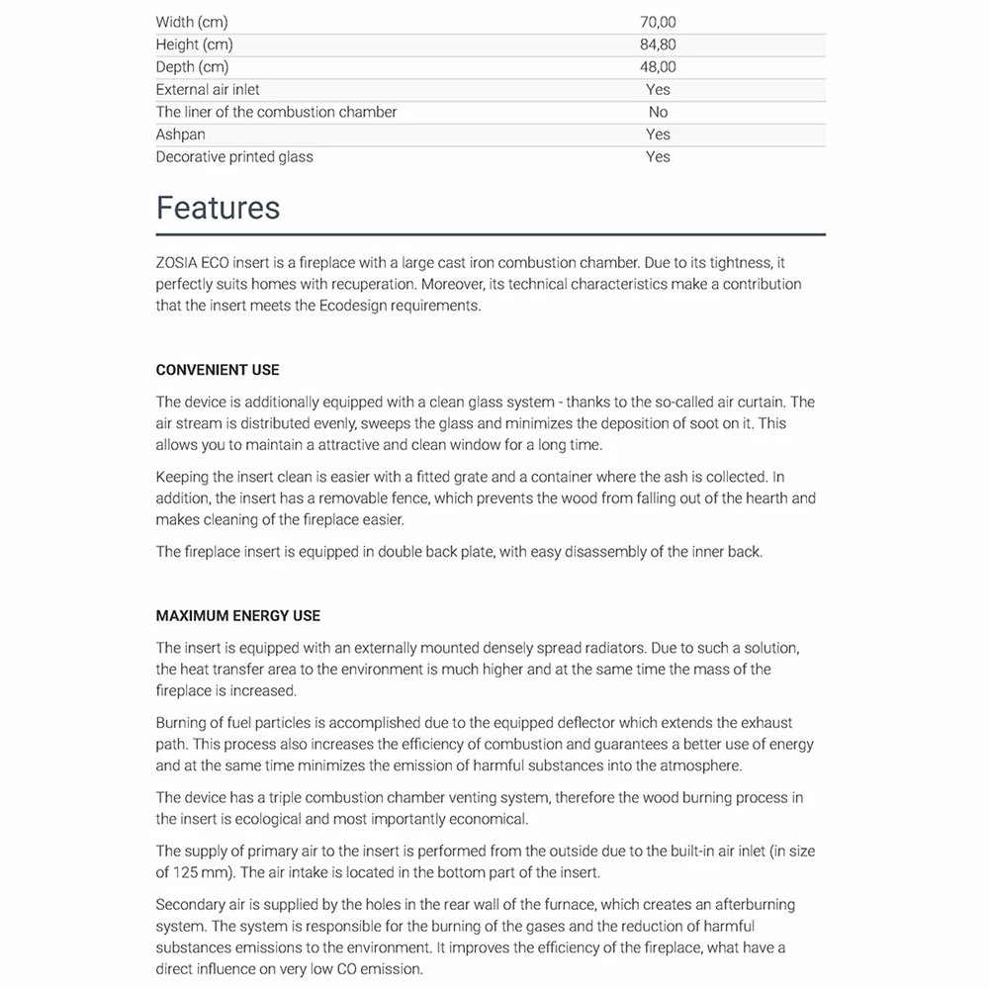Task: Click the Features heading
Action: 218,208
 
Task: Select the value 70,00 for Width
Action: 658,22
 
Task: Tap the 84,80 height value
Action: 658,45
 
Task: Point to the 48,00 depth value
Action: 658,67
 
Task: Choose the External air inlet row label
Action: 208,89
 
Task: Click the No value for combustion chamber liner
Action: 658,112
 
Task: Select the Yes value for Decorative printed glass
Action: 658,156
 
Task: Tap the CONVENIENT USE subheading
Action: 218,370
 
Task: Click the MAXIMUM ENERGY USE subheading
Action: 238,615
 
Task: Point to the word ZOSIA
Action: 176,263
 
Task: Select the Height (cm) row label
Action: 195,45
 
